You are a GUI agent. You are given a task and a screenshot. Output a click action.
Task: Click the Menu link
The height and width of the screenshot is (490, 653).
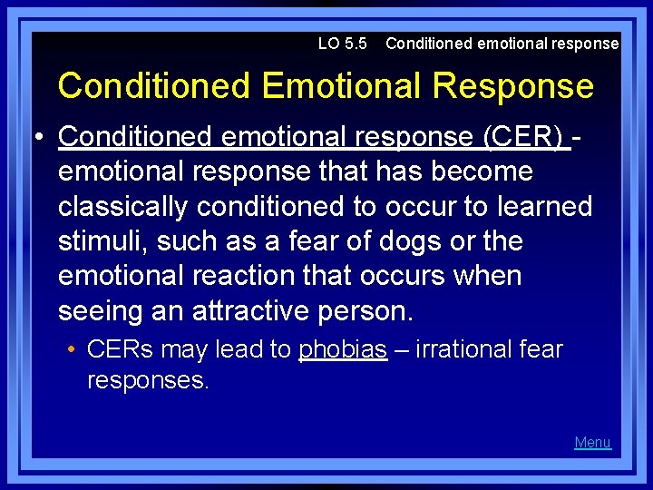click(x=592, y=443)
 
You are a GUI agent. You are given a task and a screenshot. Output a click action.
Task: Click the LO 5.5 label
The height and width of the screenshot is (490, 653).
click(x=343, y=44)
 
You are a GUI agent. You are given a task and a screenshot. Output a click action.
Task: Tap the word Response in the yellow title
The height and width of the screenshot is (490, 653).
click(x=513, y=86)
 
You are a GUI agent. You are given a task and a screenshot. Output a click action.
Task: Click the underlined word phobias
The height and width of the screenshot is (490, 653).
click(x=343, y=349)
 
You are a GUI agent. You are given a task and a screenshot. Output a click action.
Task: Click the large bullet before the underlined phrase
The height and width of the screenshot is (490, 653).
click(x=41, y=136)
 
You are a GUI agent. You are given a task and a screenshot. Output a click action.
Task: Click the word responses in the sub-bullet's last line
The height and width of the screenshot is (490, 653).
click(x=148, y=380)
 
